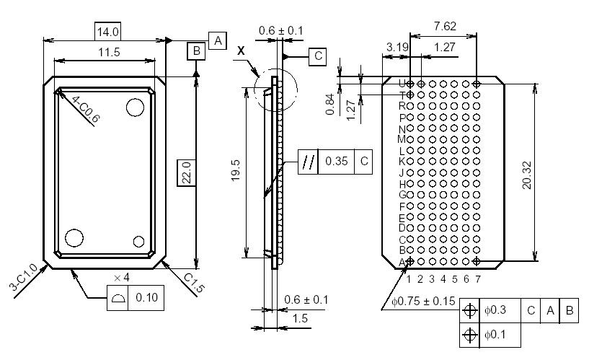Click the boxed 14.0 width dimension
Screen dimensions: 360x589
107,31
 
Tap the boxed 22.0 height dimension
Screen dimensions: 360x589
187,172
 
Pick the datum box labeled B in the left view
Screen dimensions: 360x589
195,51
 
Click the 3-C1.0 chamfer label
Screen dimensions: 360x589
22,278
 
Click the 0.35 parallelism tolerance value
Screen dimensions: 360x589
337,161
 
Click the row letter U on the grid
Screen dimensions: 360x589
402,84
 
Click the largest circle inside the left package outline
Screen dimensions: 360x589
134,107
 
